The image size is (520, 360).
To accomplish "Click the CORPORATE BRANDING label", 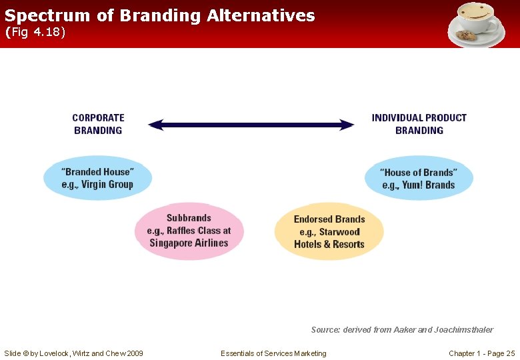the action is click(x=98, y=124).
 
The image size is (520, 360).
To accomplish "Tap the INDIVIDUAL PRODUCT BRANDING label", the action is click(x=419, y=124).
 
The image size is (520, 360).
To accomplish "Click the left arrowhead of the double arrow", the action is click(x=155, y=125).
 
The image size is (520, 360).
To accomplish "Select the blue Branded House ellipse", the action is click(x=97, y=178).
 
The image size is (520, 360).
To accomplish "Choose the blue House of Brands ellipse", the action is click(x=419, y=178).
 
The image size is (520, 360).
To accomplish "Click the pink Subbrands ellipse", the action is click(x=189, y=231).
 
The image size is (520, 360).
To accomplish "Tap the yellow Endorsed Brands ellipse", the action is click(x=329, y=231).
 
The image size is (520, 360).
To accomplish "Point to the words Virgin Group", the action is click(x=107, y=185).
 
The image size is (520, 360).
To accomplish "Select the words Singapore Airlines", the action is click(x=189, y=243).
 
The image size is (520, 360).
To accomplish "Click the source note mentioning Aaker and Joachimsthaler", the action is click(x=402, y=330).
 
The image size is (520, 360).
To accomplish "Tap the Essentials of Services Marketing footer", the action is click(x=273, y=353).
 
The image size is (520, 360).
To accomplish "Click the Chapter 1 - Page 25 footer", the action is click(x=481, y=353).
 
